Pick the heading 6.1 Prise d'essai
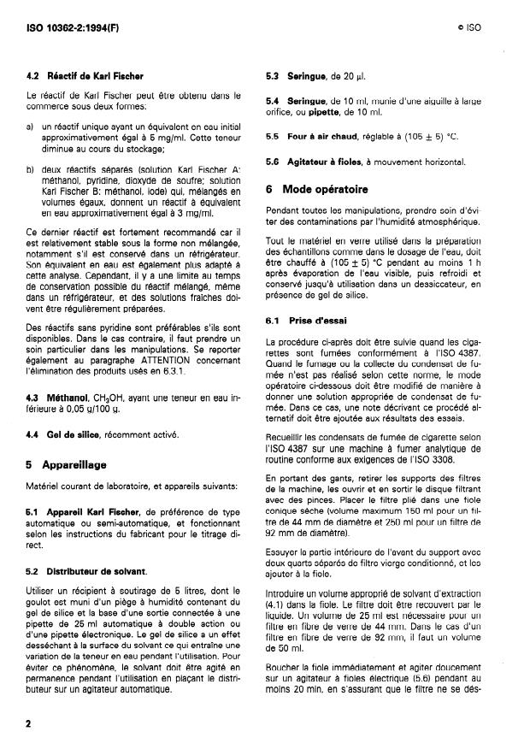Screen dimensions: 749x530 point(304,321)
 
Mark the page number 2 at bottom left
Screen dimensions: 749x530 point(29,723)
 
